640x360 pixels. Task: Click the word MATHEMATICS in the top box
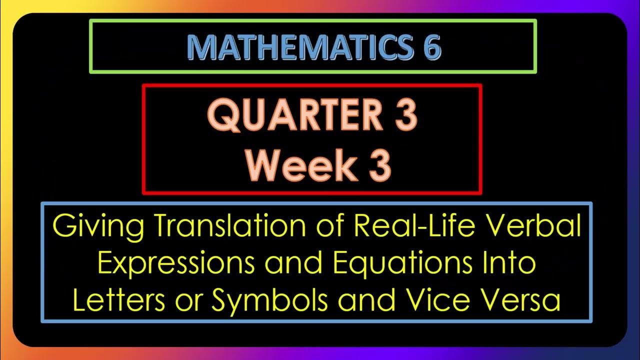(294, 48)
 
